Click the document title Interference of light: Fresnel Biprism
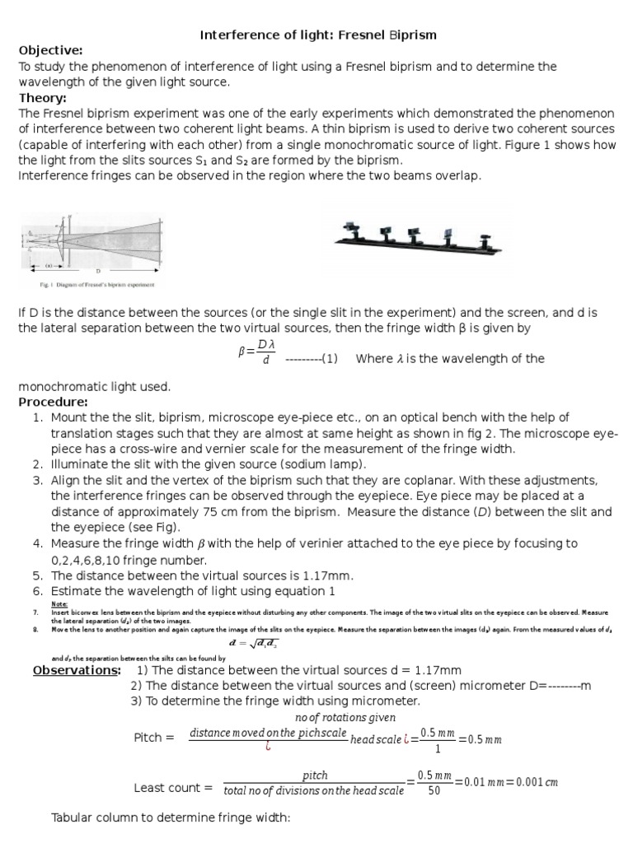[x=319, y=35]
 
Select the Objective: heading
[x=51, y=50]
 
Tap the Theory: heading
[x=43, y=98]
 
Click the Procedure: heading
[x=53, y=402]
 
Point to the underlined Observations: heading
[x=77, y=670]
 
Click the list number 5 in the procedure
[x=37, y=575]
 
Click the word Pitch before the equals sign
[x=153, y=738]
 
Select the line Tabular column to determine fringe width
[x=171, y=819]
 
